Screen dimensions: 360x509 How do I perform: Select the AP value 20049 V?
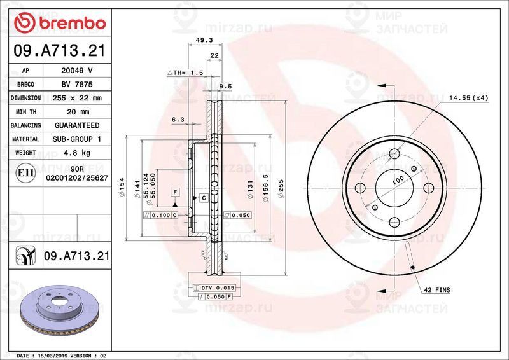(76, 71)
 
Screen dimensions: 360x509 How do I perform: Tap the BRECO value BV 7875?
(76, 85)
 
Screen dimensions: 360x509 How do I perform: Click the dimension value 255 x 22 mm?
(76, 99)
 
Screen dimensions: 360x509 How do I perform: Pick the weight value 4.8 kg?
(76, 153)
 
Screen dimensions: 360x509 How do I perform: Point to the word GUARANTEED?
(76, 125)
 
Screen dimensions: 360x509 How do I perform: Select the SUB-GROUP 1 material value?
(76, 139)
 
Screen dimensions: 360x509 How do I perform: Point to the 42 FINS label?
(437, 290)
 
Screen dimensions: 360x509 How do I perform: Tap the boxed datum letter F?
(174, 191)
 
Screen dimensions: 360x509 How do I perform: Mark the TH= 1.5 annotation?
(185, 74)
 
